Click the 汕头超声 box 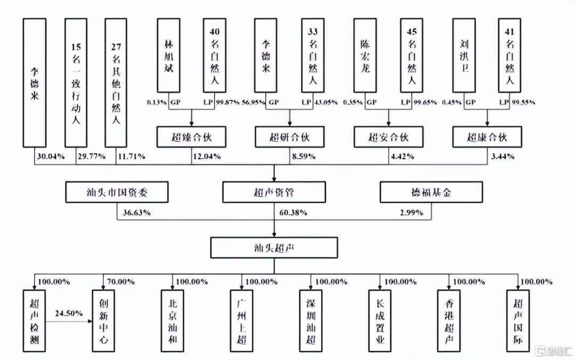pos(274,248)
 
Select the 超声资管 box pos(274,192)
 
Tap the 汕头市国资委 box pos(117,192)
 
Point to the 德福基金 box pos(431,192)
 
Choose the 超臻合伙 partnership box pos(192,137)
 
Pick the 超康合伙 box pos(487,137)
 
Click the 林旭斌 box pos(169,55)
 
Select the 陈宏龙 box pos(365,55)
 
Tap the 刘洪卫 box pos(464,55)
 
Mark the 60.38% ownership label pos(293,212)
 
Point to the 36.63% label pos(136,212)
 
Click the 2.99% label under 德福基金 pos(412,212)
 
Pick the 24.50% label pos(69,313)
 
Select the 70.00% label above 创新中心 pos(121,282)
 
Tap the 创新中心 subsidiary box pos(103,321)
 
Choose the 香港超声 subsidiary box pos(449,321)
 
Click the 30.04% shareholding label pos(51,157)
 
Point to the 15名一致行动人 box pos(76,83)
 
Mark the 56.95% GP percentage pos(253,102)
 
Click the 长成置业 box pos(380,321)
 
